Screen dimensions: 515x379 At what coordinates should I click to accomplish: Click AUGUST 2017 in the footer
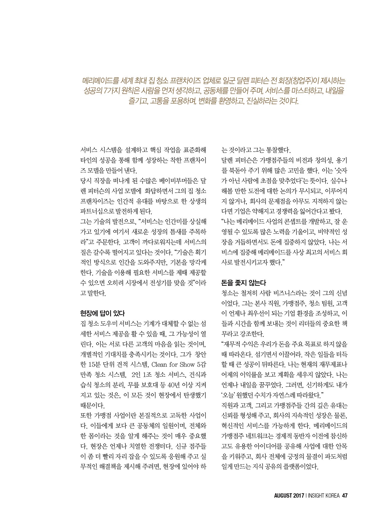click(289, 496)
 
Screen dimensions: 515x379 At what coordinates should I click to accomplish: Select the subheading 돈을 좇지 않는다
click(243, 283)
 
